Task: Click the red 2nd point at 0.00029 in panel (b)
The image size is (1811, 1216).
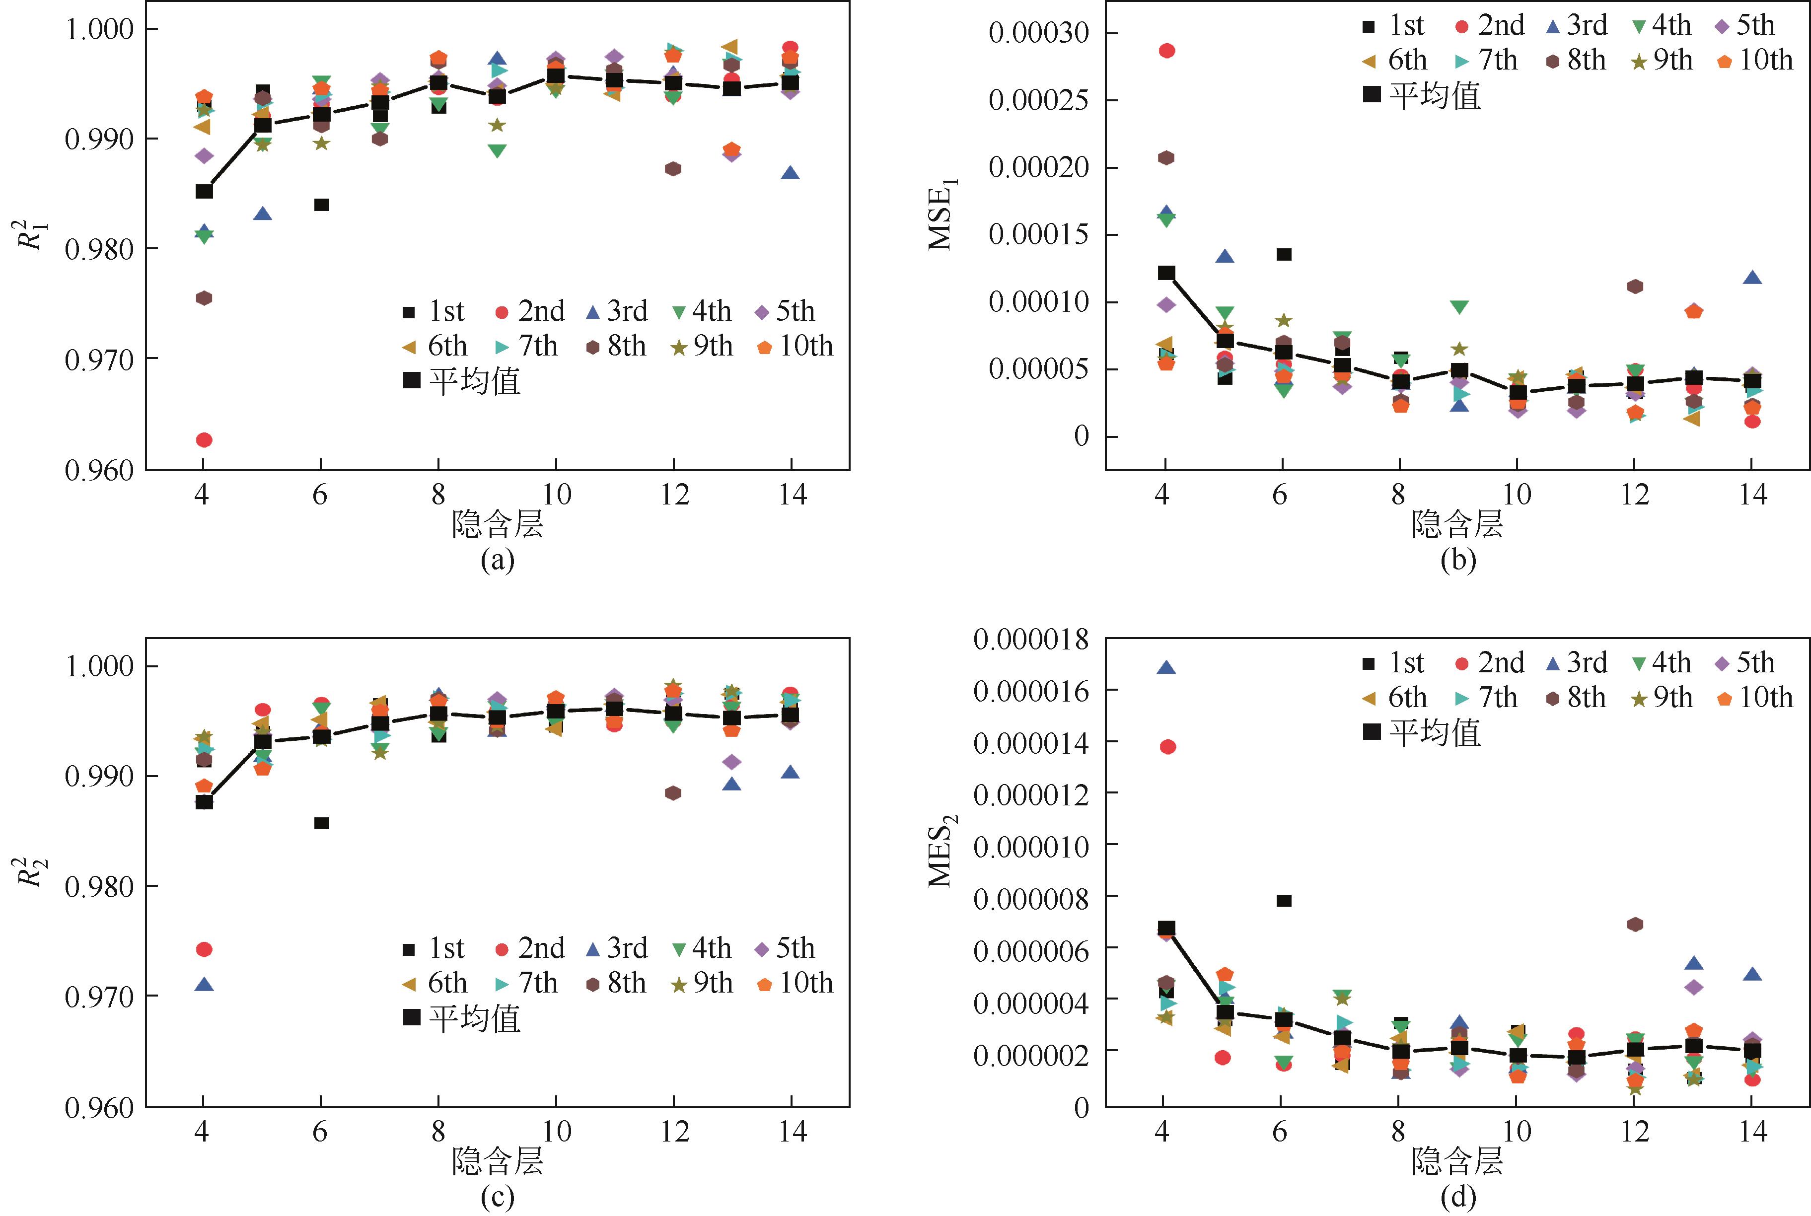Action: pos(1166,51)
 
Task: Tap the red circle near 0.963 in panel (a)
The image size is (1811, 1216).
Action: pos(204,440)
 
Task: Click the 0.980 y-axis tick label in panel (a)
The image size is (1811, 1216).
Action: pos(99,250)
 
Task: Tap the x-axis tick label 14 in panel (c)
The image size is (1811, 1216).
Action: pos(792,1132)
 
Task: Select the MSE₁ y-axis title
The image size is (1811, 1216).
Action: pos(942,214)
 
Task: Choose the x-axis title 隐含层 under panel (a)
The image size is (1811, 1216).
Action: pos(497,525)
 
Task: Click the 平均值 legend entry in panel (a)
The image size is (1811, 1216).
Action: pos(462,381)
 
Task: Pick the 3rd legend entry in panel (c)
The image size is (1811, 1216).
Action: pos(617,948)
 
